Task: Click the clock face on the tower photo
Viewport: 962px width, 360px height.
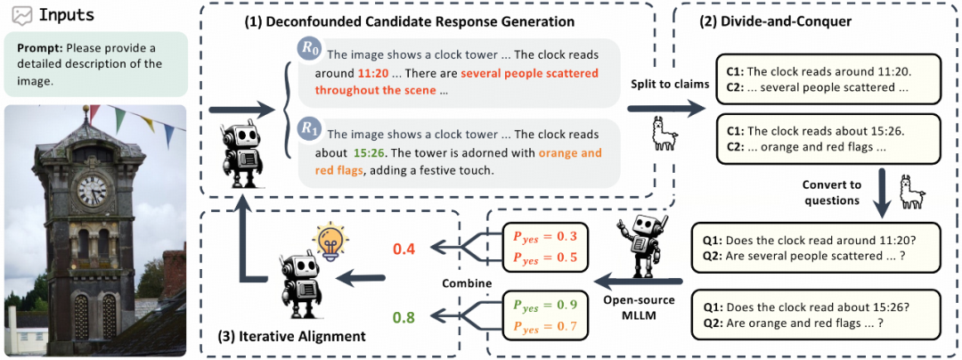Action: (x=92, y=189)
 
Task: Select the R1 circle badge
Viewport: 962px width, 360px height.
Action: (x=308, y=130)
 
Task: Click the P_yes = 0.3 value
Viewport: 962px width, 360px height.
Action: (x=545, y=236)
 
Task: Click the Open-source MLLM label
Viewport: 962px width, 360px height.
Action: (x=639, y=305)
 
